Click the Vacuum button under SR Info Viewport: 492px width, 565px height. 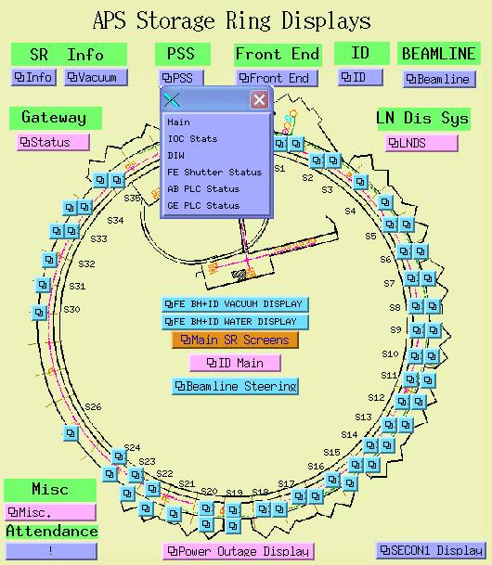pos(96,77)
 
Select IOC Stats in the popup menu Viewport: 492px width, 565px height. pos(192,139)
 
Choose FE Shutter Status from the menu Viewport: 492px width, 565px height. pos(214,173)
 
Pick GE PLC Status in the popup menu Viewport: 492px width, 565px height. pos(203,205)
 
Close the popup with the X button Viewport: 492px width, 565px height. pos(259,100)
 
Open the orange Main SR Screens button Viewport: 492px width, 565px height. pos(235,340)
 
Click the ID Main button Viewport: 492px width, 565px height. pos(235,363)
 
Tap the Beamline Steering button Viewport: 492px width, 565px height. pos(235,386)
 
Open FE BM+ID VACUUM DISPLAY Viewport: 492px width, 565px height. pos(235,304)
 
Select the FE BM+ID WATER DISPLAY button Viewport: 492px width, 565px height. pos(235,321)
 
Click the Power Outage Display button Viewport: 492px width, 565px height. pos(239,551)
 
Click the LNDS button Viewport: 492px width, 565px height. pos(421,143)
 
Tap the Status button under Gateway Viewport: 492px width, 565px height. pos(53,142)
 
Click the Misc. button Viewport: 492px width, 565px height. pos(50,512)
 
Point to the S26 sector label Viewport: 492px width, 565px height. pos(93,406)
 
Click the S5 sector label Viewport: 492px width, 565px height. pos(370,236)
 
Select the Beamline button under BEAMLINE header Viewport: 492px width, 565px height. pos(439,79)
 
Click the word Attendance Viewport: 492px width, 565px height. pos(52,531)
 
